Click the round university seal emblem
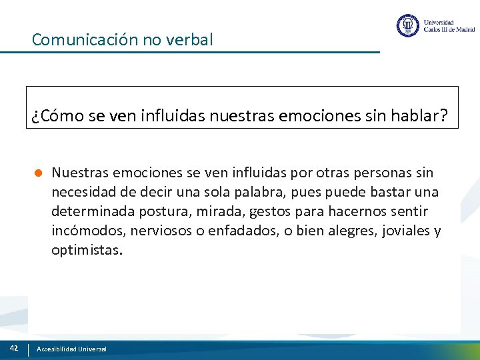point(407,25)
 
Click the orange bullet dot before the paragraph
point(39,173)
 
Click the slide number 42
point(13,348)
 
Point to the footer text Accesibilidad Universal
point(71,349)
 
